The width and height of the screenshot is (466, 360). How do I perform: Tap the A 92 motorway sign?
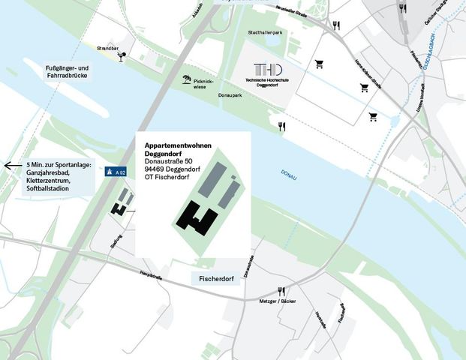[x=115, y=172]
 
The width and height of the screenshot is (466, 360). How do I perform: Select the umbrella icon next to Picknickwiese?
[x=185, y=79]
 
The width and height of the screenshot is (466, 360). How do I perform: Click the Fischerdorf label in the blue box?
[x=217, y=279]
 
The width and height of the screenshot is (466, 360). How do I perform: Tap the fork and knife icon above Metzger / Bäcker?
[x=282, y=291]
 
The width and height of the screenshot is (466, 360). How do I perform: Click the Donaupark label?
[x=229, y=96]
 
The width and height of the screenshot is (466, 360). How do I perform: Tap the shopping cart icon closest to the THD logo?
[x=319, y=64]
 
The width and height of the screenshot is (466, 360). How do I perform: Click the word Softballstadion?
[x=50, y=187]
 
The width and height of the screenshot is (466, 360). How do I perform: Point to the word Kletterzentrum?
[x=53, y=180]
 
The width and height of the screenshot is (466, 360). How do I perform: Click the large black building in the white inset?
[x=198, y=219]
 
